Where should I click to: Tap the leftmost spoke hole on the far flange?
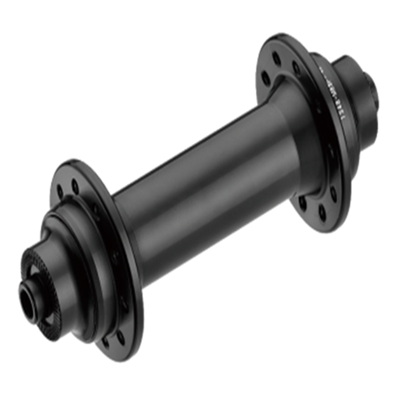265,79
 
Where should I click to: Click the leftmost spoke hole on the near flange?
60,191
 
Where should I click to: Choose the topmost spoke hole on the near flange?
75,186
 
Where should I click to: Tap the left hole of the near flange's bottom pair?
105,342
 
